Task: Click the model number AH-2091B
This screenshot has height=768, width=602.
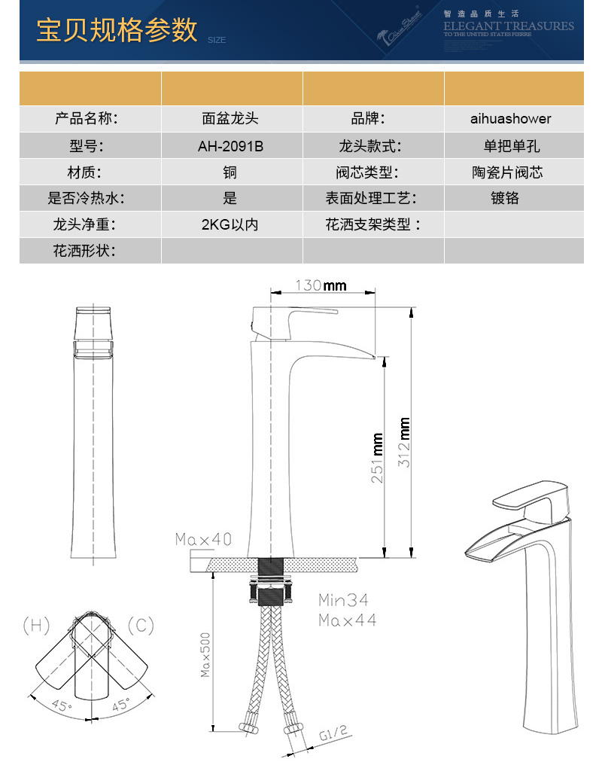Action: coord(230,145)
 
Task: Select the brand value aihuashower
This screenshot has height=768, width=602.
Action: coord(513,118)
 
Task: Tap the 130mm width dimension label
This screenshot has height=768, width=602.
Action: coord(321,285)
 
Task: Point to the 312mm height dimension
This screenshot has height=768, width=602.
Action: coord(405,442)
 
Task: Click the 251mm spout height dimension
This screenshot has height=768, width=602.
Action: coord(379,458)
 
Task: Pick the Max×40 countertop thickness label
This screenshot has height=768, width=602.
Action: coord(203,539)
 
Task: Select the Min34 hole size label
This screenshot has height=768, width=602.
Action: coord(342,601)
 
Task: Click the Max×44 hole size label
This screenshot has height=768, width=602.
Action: coord(347,620)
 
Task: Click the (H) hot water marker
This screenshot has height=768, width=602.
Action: coord(36,624)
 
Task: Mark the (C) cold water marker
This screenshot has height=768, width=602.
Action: coord(141,624)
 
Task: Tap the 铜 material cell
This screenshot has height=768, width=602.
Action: coord(230,172)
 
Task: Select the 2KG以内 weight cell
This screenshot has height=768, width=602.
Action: coord(230,224)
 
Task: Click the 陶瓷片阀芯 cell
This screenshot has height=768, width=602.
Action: coord(513,172)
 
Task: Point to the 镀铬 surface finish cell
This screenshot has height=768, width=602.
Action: coord(513,198)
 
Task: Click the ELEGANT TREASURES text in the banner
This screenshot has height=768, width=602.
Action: coord(508,26)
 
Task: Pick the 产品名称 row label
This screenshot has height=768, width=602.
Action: coord(87,118)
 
